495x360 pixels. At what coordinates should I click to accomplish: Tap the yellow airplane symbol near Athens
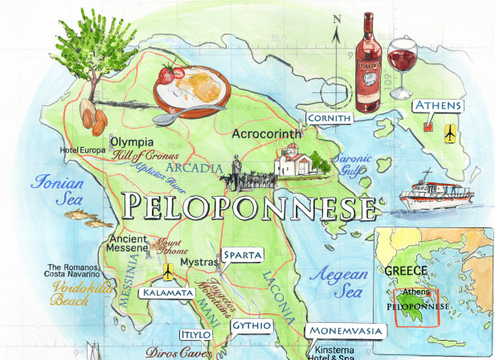[451, 130]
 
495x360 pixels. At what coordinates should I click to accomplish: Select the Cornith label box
[329, 119]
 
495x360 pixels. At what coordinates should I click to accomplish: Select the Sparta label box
[242, 256]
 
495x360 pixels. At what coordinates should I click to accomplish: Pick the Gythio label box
[251, 325]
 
